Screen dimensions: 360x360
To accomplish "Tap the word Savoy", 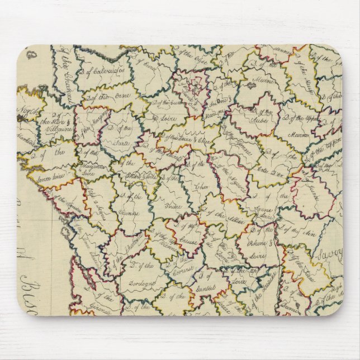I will [329, 254].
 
